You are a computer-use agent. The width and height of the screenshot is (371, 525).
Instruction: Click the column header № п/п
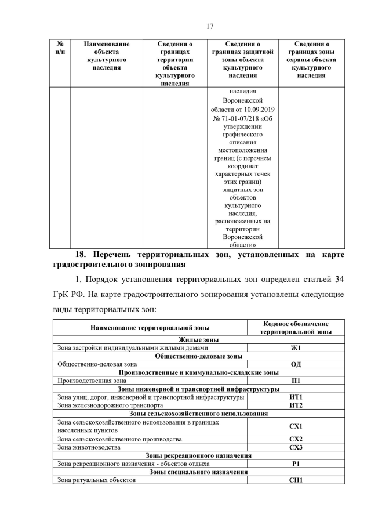click(x=60, y=48)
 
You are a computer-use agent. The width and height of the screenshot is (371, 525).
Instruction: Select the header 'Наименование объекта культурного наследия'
click(x=107, y=56)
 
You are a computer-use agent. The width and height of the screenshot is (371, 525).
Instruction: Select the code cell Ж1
click(x=296, y=348)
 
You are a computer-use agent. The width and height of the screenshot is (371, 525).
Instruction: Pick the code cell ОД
click(x=296, y=364)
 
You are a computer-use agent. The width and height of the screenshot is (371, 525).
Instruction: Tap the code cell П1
click(x=296, y=381)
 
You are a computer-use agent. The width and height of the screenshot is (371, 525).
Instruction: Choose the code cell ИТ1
click(x=296, y=397)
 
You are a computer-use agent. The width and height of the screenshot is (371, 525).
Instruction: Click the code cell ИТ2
click(x=296, y=405)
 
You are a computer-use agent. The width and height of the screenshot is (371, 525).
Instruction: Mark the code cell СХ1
click(x=296, y=426)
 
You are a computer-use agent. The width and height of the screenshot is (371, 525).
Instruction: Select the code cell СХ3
click(x=296, y=447)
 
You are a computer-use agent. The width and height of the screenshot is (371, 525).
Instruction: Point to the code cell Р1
click(x=296, y=464)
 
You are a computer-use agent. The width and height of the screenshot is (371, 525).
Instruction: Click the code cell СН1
click(x=296, y=480)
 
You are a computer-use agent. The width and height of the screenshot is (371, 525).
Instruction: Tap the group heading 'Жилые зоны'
click(x=198, y=340)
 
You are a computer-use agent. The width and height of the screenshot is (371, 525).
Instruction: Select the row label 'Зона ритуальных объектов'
click(x=96, y=480)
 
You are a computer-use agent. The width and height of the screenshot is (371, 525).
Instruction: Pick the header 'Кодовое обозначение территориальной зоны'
click(x=296, y=328)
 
